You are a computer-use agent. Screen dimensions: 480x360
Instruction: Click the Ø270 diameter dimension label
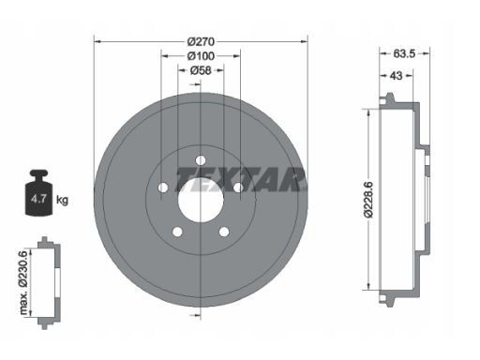(x=201, y=41)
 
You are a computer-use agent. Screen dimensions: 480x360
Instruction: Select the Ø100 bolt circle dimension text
(x=201, y=56)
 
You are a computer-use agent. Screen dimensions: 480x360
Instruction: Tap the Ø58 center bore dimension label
(x=201, y=70)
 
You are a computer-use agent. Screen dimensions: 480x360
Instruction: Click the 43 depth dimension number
(x=397, y=76)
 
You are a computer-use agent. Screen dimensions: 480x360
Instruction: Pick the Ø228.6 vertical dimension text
(x=368, y=200)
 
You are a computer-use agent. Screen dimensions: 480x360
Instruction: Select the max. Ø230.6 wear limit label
(x=24, y=282)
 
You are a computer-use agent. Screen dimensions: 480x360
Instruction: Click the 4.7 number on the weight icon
(x=38, y=199)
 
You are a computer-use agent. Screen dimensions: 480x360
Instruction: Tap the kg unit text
(x=62, y=200)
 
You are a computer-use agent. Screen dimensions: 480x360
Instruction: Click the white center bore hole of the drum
(x=201, y=200)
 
